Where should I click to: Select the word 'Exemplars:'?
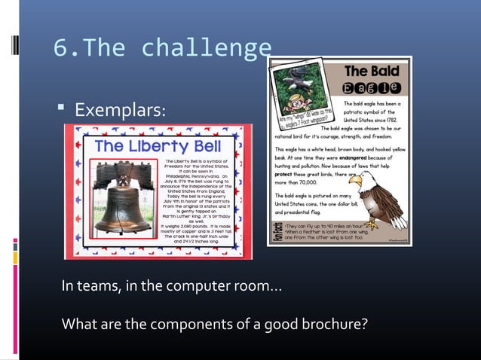pos(119,111)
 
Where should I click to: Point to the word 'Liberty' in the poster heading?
pos(151,145)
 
